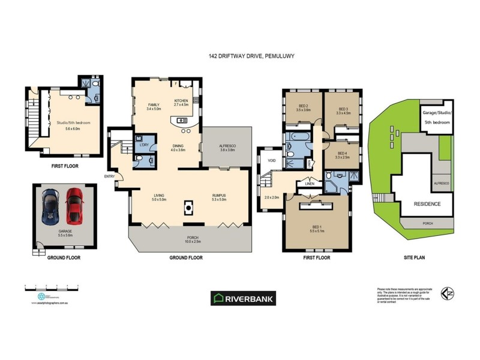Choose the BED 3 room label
[x=343, y=108]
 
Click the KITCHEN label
[x=181, y=101]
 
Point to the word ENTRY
[x=109, y=176]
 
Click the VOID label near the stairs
[x=271, y=161]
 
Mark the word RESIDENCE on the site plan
[x=428, y=204]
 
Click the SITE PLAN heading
[x=413, y=257]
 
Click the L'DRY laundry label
[x=144, y=145]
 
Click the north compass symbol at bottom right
[x=447, y=293]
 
